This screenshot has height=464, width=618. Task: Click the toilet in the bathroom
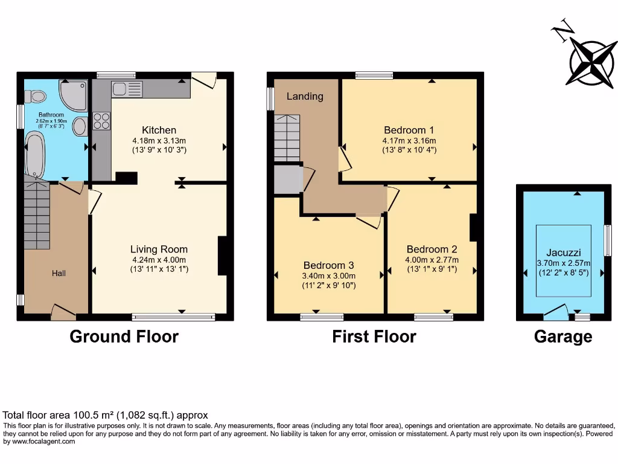[37, 96]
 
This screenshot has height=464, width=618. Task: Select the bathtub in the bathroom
[35, 156]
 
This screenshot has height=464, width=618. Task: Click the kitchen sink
[127, 89]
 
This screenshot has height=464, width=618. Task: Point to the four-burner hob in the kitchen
[101, 121]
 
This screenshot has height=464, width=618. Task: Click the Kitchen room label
[159, 130]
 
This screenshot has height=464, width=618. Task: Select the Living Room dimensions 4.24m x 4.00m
[159, 260]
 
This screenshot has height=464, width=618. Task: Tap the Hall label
[59, 273]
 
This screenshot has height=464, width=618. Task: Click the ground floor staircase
[37, 214]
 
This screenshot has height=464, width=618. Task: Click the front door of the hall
[63, 312]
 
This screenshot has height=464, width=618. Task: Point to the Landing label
[305, 96]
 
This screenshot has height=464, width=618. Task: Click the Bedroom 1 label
[409, 130]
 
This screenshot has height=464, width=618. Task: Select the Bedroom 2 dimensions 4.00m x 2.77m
[432, 260]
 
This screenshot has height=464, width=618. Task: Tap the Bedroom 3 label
[328, 265]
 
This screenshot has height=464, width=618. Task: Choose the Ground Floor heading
[124, 337]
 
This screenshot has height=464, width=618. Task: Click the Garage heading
[562, 337]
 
